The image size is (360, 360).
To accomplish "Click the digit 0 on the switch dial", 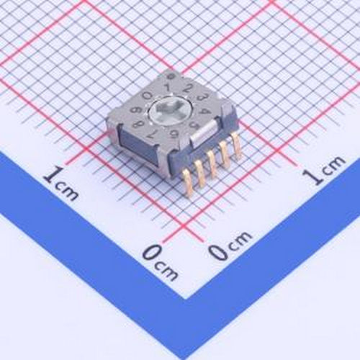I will (147, 94).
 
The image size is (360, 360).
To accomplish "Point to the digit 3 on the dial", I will (202, 97).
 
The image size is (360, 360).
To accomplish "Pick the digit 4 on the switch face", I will (207, 110).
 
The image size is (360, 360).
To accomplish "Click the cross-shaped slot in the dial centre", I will (170, 109).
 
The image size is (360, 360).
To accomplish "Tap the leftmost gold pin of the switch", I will (187, 177).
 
